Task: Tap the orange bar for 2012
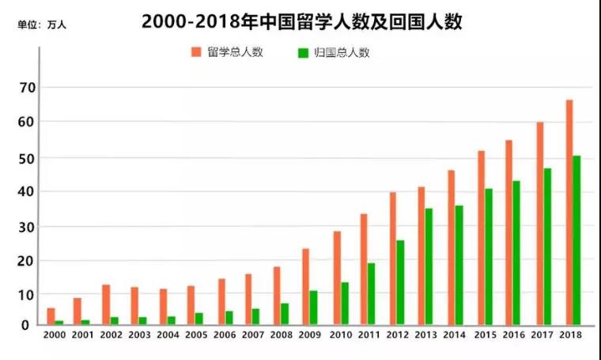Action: click(393, 258)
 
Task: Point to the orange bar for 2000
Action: click(51, 316)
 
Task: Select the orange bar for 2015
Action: click(481, 237)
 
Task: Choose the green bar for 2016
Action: click(516, 252)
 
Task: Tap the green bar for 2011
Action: click(371, 294)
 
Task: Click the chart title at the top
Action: click(301, 21)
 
